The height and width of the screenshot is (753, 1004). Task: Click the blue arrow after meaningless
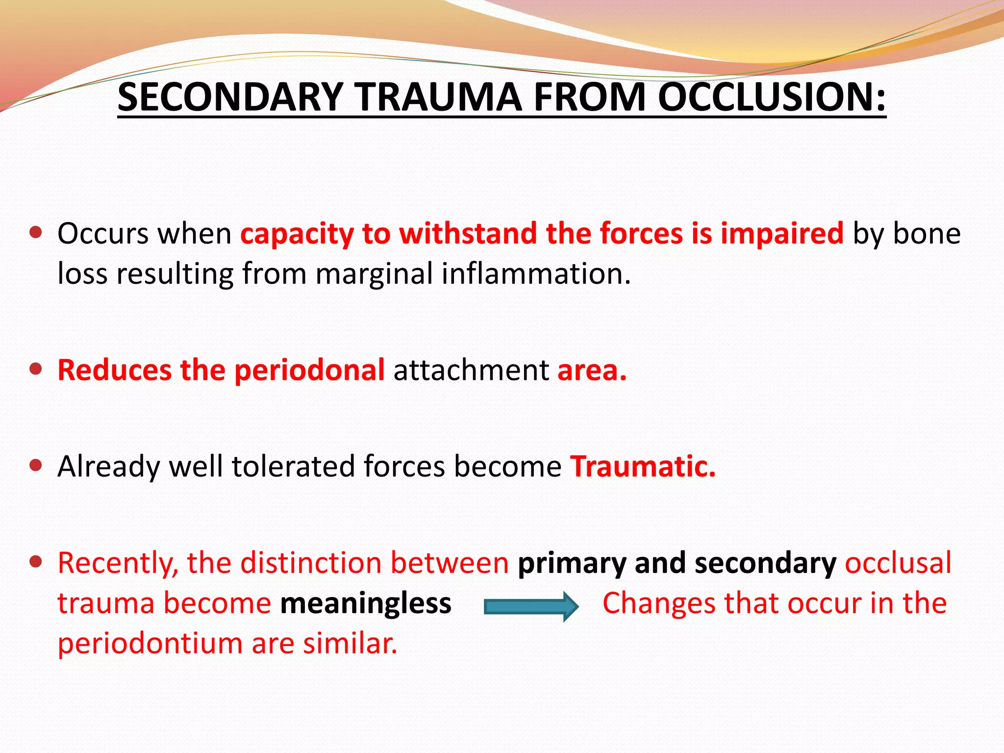tap(531, 606)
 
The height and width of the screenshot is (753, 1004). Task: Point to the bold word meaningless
tap(365, 603)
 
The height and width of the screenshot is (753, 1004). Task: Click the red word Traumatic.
tap(642, 466)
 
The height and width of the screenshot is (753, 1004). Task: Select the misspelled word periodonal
tap(309, 370)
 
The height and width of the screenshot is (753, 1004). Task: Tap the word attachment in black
tap(471, 370)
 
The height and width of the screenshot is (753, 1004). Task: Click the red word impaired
tap(781, 233)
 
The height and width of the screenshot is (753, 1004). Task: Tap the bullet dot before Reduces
tap(35, 369)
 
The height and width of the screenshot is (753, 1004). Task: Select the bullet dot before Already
tap(35, 465)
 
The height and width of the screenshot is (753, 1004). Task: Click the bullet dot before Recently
tap(35, 561)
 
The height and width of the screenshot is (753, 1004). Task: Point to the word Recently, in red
tap(118, 563)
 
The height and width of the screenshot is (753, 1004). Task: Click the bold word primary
tap(572, 563)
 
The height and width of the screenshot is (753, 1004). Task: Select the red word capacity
tap(297, 233)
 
